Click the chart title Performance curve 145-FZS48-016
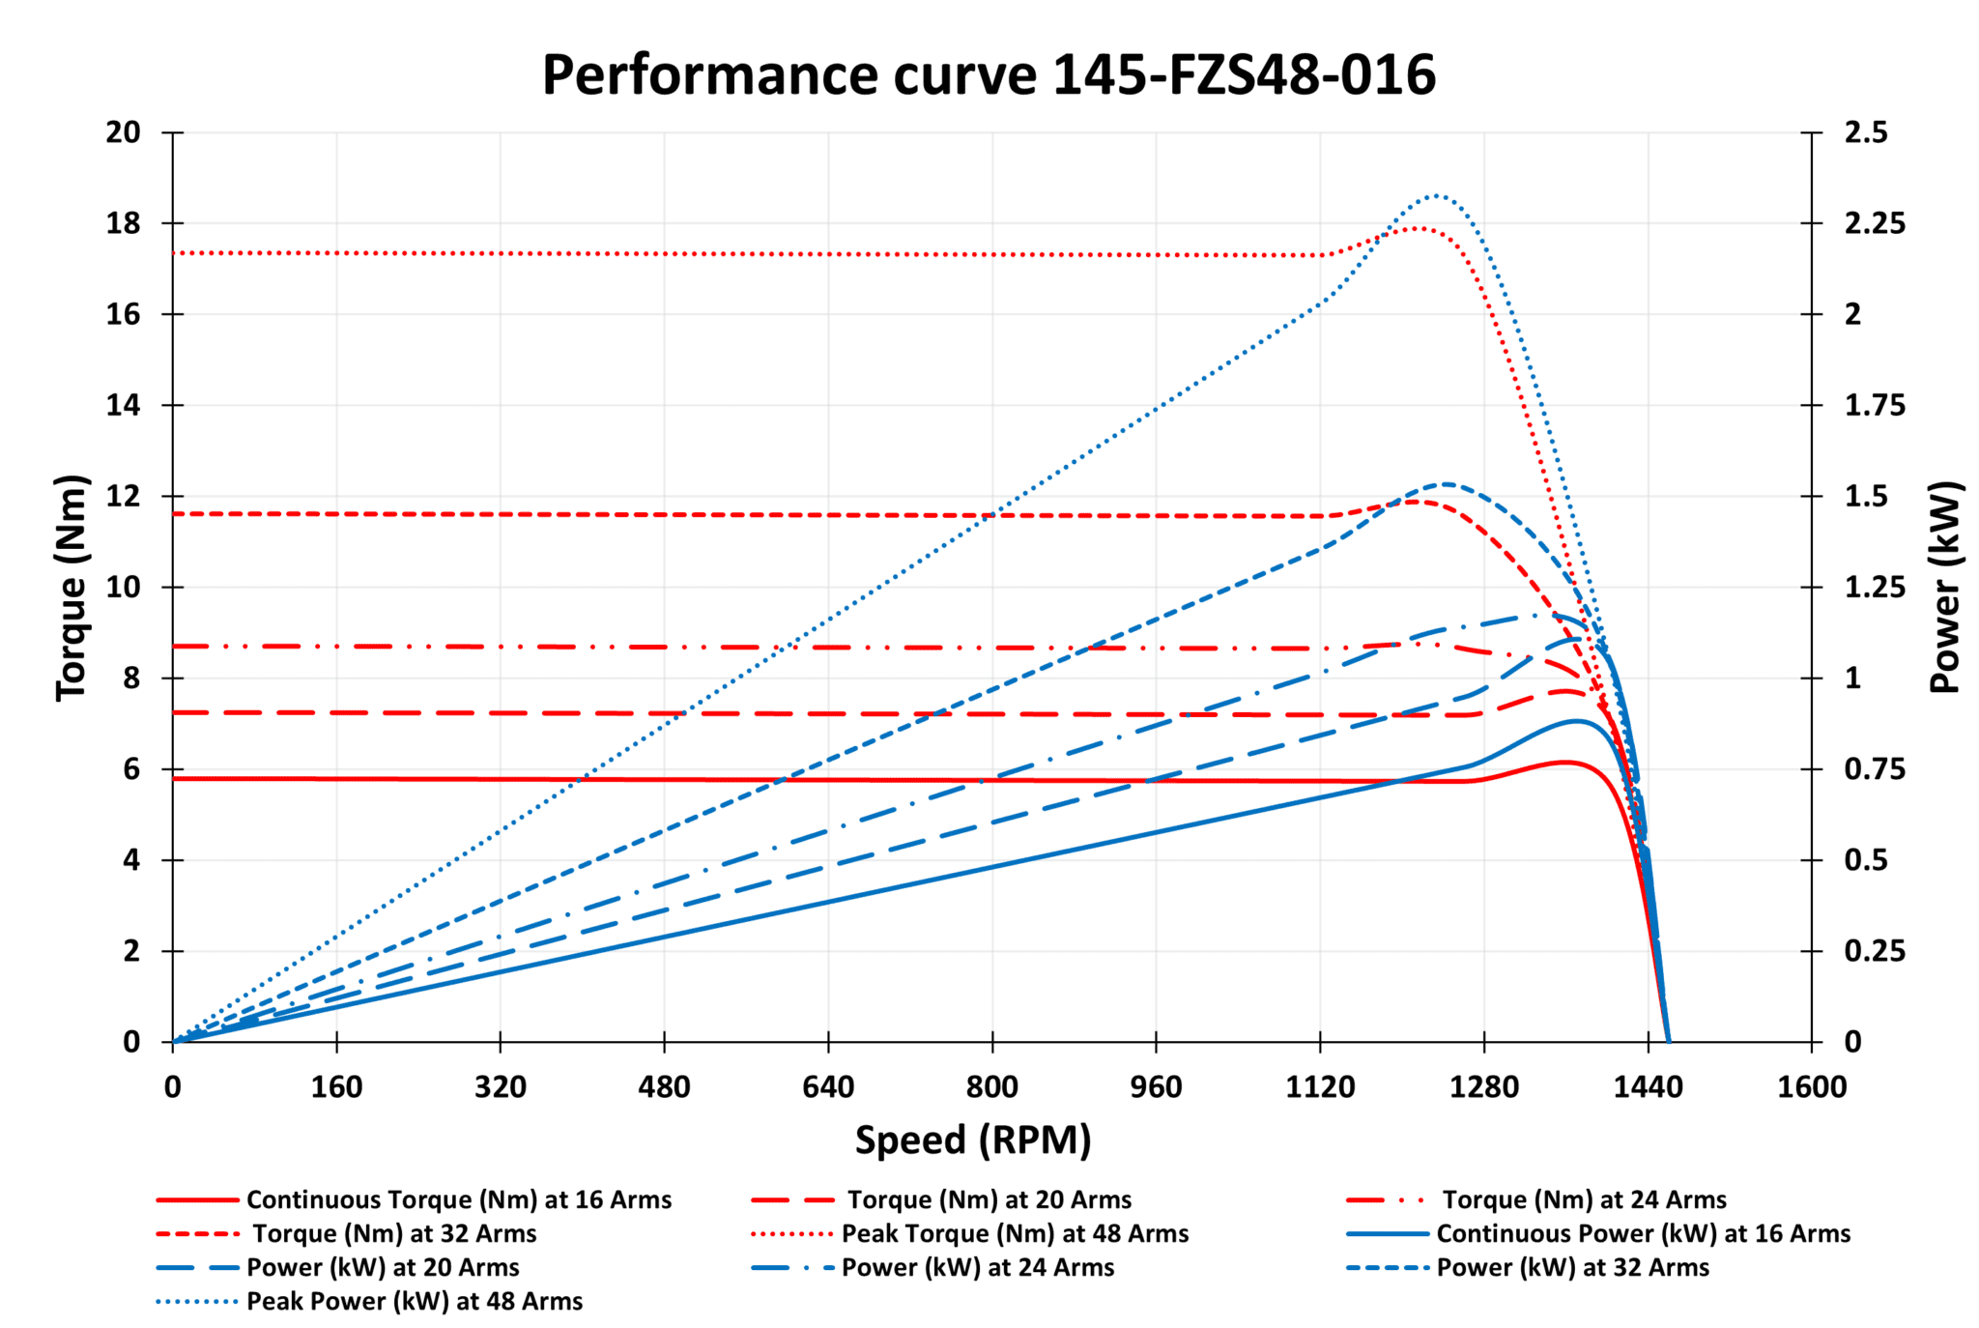point(989,75)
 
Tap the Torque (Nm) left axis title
point(72,588)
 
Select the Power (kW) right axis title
point(1944,588)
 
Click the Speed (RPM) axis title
point(973,1140)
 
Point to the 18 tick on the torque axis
point(124,223)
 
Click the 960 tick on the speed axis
point(1156,1087)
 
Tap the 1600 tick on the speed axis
point(1811,1087)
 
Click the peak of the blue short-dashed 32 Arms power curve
point(1446,484)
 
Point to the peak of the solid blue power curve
point(1575,721)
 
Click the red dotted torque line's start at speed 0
point(174,253)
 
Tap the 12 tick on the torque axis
point(124,496)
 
